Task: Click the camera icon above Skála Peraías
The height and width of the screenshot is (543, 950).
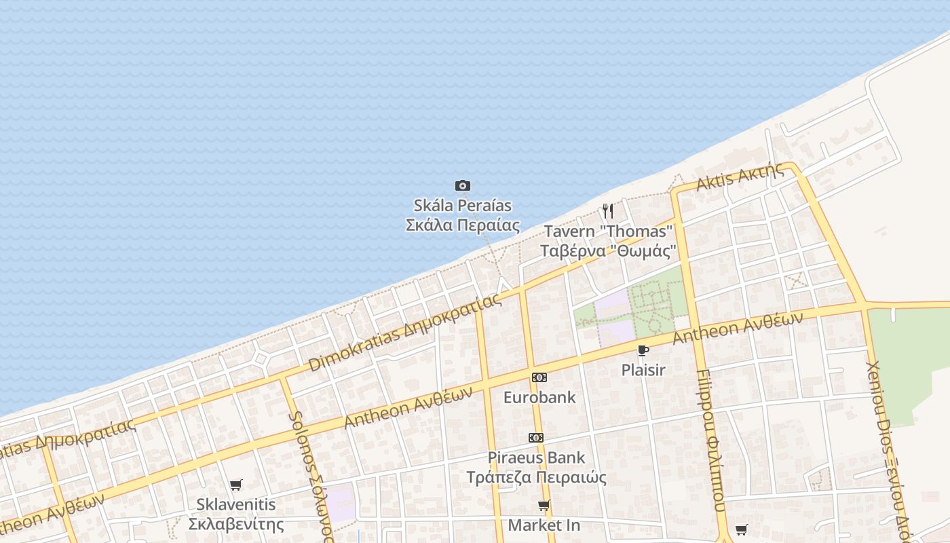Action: tap(463, 185)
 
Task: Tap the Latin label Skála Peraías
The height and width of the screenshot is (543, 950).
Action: tap(463, 205)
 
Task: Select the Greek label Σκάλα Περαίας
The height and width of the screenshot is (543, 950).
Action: tap(463, 225)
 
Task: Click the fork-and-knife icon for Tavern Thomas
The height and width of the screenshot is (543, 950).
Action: tap(608, 211)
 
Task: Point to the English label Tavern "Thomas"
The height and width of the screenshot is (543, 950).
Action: tap(608, 231)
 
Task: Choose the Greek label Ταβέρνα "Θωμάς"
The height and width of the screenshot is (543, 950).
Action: tap(609, 251)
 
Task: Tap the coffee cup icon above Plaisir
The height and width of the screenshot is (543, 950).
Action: tap(643, 350)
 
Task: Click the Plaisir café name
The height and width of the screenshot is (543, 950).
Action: tap(643, 370)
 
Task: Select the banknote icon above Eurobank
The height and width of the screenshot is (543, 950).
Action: tap(539, 377)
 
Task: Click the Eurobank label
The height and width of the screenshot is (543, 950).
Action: tap(539, 397)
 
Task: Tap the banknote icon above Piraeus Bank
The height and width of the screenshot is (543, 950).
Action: tap(536, 438)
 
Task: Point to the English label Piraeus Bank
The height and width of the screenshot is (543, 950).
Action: tap(536, 457)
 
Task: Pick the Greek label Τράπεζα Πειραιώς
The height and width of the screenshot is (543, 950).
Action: tap(536, 477)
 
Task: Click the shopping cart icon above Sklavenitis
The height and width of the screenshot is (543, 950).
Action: tap(235, 485)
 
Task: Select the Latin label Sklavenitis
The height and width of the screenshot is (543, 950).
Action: tap(235, 504)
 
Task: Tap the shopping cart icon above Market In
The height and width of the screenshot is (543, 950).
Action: tap(544, 505)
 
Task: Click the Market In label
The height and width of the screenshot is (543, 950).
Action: tap(544, 525)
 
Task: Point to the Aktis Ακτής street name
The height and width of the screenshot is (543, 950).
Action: tap(740, 178)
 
